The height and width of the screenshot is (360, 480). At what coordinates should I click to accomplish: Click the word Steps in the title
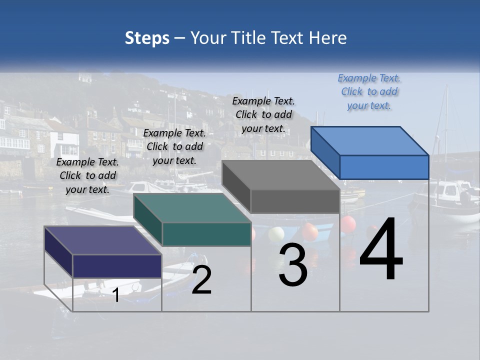pos(147,38)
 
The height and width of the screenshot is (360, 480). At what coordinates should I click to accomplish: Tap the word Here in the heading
pos(328,38)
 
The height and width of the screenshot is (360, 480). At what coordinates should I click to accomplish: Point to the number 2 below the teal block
pos(201,280)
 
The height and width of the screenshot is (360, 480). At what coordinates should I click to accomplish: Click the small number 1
pos(116,295)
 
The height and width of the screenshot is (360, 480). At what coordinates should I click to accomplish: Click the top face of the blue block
pos(370,140)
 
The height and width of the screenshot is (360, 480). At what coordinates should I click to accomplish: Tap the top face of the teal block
pos(192,208)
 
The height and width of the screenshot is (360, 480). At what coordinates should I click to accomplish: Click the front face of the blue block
pos(384,167)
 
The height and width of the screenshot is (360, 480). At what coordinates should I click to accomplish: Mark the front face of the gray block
pos(295,201)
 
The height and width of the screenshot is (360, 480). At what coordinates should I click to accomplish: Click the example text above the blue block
pos(369,92)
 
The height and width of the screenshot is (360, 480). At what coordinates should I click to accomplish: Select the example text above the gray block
pos(263,115)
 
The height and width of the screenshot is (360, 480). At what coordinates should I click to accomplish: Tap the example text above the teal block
pos(174,147)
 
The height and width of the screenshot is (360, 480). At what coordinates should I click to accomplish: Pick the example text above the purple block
pos(87,176)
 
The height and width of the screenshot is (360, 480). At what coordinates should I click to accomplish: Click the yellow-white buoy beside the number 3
pos(276,234)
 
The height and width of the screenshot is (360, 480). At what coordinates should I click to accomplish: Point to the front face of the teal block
pos(206,234)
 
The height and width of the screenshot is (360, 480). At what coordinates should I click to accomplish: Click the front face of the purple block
pos(117,266)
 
